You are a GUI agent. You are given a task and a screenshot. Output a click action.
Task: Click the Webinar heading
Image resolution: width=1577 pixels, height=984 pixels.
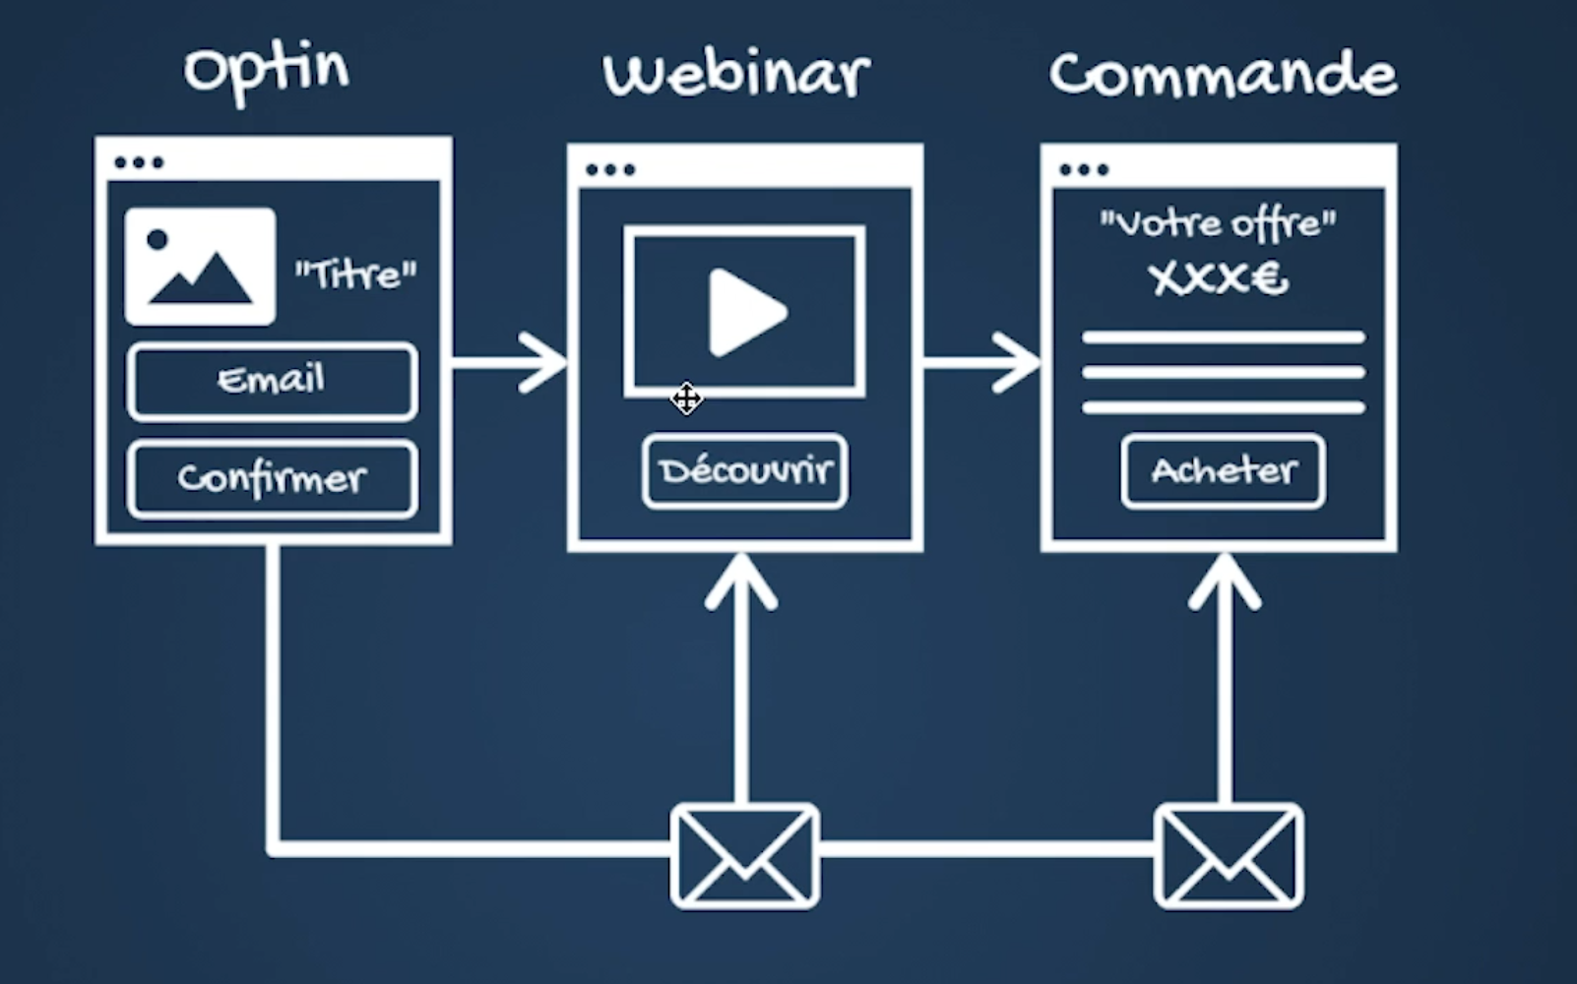pyautogui.click(x=736, y=73)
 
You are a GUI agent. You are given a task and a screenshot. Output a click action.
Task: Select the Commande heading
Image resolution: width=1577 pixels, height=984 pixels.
pyautogui.click(x=1223, y=75)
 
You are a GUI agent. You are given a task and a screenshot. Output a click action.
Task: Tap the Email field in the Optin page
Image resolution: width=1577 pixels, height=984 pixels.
pyautogui.click(x=272, y=381)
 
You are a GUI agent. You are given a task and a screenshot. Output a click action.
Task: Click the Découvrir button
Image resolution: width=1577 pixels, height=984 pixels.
pyautogui.click(x=745, y=470)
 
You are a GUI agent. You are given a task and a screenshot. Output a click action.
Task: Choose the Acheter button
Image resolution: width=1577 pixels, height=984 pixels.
pyautogui.click(x=1223, y=470)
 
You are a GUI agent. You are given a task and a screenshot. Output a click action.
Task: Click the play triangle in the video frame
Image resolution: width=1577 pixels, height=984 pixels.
pyautogui.click(x=746, y=312)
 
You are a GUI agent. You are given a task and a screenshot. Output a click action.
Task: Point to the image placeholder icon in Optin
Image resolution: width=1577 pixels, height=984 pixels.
pyautogui.click(x=200, y=266)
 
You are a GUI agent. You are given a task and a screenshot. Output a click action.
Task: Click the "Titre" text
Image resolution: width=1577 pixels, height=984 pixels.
pyautogui.click(x=355, y=275)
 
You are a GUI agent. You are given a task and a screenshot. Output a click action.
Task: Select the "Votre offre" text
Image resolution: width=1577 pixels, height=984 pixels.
pyautogui.click(x=1218, y=224)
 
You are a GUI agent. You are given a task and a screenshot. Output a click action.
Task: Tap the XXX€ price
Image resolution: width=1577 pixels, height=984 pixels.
pyautogui.click(x=1218, y=279)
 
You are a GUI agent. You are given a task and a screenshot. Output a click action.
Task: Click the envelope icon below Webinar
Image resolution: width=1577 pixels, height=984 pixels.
pyautogui.click(x=744, y=855)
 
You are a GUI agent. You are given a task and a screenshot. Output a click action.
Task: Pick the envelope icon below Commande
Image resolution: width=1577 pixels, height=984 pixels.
pyautogui.click(x=1228, y=855)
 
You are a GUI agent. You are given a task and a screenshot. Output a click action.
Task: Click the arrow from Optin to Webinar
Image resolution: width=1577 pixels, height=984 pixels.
pyautogui.click(x=512, y=362)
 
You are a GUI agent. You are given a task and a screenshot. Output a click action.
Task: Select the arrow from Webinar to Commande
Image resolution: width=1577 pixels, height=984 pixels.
pyautogui.click(x=984, y=362)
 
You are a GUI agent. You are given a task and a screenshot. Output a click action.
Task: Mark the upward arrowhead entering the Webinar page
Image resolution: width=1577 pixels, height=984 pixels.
pyautogui.click(x=741, y=581)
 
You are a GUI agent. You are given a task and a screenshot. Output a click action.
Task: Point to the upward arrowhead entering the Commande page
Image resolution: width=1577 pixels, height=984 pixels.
pyautogui.click(x=1224, y=581)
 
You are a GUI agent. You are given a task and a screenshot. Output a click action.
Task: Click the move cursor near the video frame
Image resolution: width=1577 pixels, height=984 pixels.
pyautogui.click(x=686, y=399)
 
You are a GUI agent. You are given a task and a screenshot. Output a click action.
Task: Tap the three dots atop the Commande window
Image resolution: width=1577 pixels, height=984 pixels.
pyautogui.click(x=1084, y=169)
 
